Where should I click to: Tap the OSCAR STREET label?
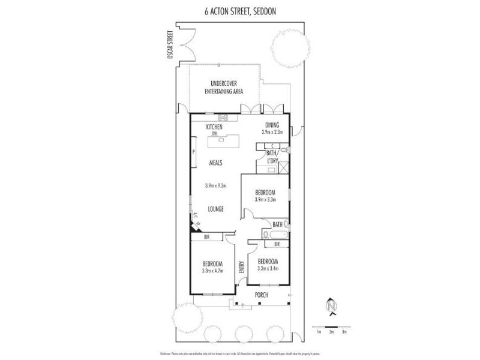point(171,45)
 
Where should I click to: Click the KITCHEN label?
point(214,127)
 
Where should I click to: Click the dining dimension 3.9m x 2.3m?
point(272,132)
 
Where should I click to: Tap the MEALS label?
point(216,163)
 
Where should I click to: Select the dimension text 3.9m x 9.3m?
point(216,186)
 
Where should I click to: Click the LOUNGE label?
point(215,209)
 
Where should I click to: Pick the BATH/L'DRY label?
point(275,157)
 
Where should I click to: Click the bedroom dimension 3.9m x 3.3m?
point(265,199)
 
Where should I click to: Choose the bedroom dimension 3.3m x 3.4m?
point(268,268)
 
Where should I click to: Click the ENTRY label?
point(241,266)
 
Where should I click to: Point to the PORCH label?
point(261,295)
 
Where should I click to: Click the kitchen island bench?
point(223,140)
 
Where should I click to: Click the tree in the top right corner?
point(286,46)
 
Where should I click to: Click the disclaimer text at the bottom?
point(240,353)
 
